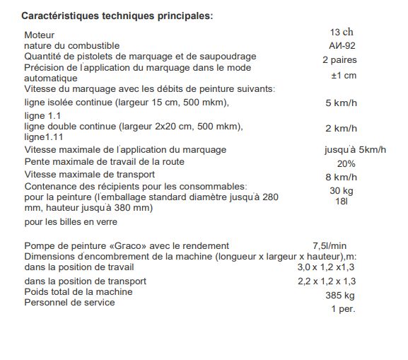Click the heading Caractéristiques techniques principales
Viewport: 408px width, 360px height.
[x=116, y=16]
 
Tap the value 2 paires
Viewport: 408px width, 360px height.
[x=339, y=60]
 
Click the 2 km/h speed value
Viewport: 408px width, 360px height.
[x=341, y=129]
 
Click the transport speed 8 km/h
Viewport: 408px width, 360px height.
[x=340, y=177]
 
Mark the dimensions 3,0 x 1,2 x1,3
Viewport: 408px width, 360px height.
[x=326, y=267]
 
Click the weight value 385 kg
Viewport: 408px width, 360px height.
[x=339, y=295]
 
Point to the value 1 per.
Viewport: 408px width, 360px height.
[x=343, y=309]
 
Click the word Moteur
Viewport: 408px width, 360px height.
[x=39, y=35]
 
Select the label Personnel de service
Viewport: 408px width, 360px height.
[x=69, y=303]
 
